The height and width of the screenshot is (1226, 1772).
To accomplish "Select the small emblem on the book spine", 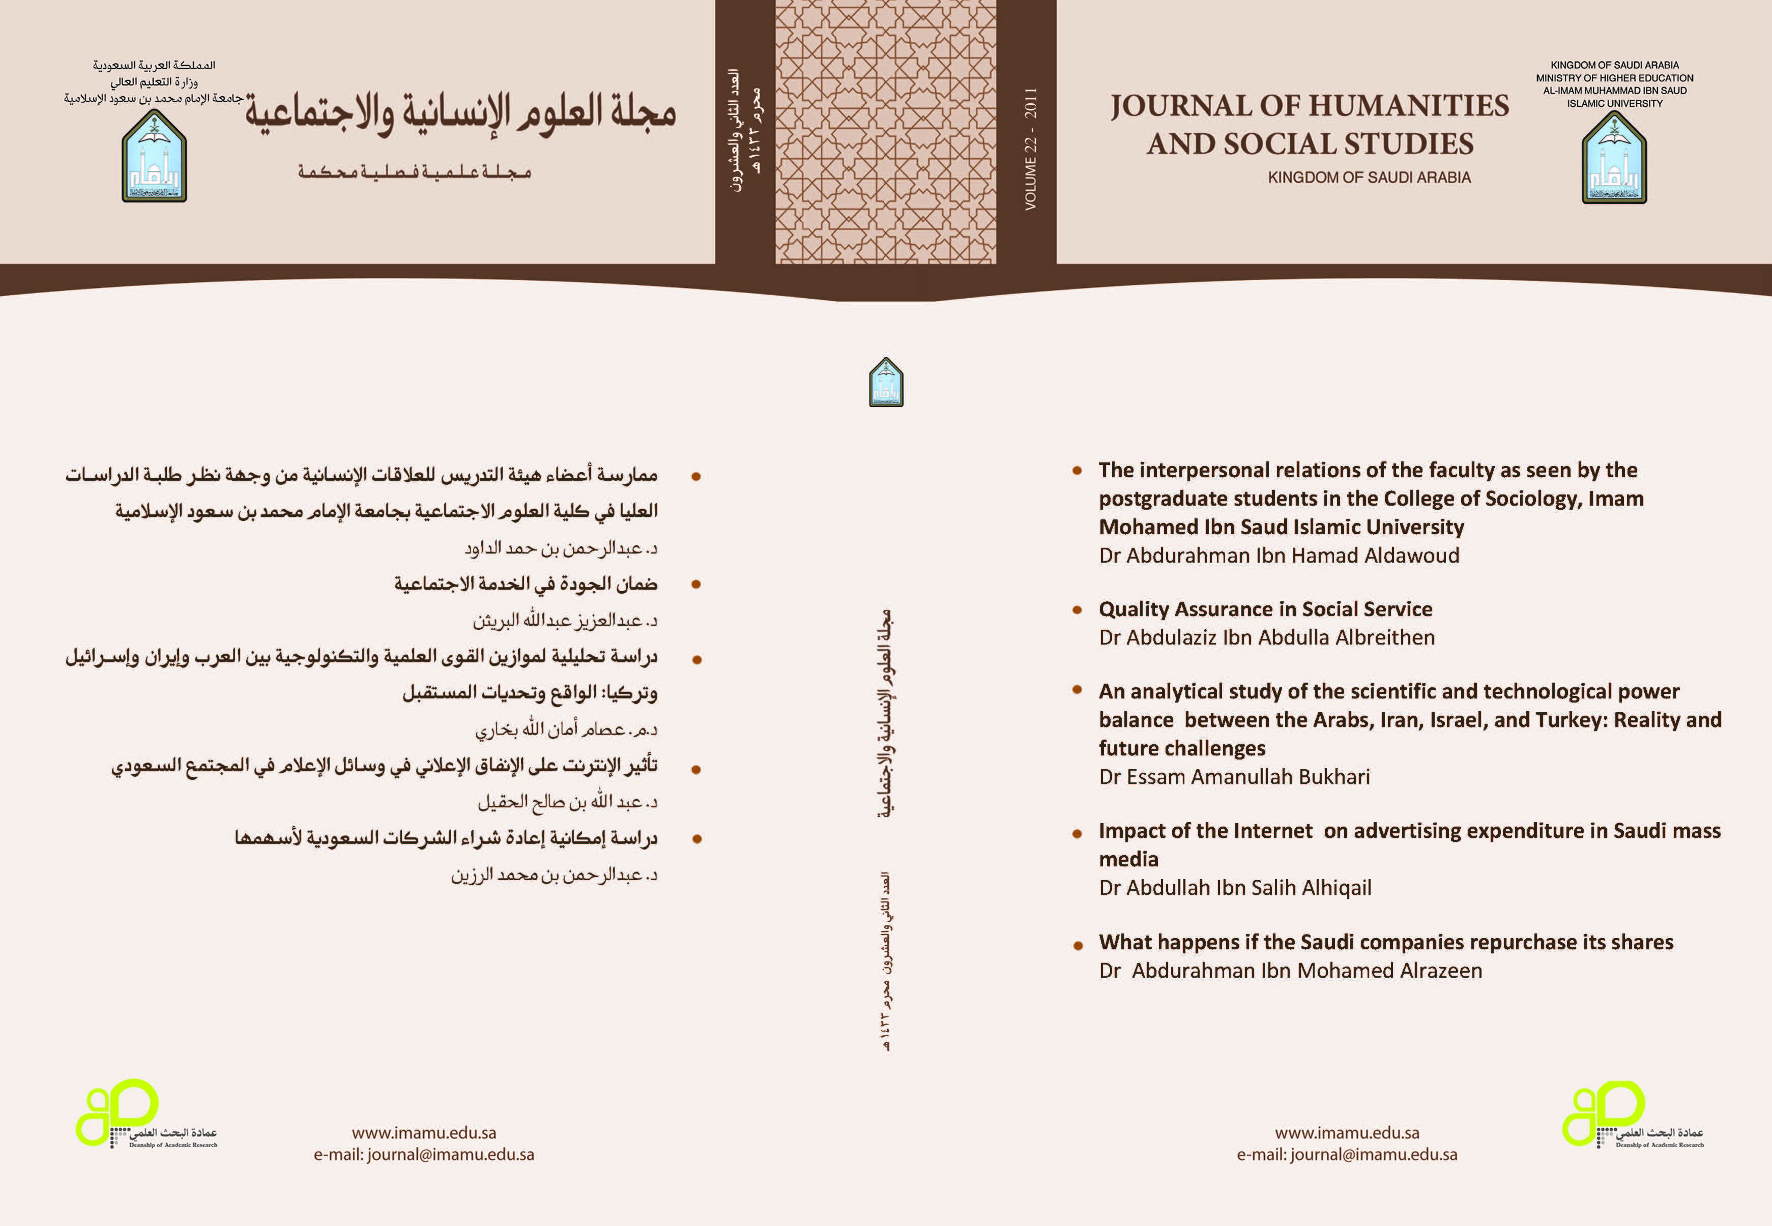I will [x=886, y=382].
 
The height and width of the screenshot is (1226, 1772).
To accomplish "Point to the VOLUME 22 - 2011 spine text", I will [x=1030, y=149].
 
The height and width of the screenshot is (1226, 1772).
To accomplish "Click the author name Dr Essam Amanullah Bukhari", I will [x=1234, y=777].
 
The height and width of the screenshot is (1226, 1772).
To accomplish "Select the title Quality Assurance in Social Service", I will [x=1265, y=609].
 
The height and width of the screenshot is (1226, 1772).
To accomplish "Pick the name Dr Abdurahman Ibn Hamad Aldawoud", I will [x=1278, y=556].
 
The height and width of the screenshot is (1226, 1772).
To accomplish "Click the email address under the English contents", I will [x=1347, y=1155].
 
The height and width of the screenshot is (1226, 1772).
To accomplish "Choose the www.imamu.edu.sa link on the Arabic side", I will [x=424, y=1133].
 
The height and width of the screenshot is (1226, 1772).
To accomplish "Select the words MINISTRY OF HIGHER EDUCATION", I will [x=1615, y=78].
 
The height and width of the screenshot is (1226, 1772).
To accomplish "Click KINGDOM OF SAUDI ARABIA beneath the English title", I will [x=1369, y=178].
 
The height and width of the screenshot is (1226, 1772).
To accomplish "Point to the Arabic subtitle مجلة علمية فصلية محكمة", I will [x=415, y=171].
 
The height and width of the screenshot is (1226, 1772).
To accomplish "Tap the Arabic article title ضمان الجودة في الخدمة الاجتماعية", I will [x=526, y=584].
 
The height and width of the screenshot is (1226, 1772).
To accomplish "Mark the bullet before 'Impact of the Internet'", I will [x=1078, y=833].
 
